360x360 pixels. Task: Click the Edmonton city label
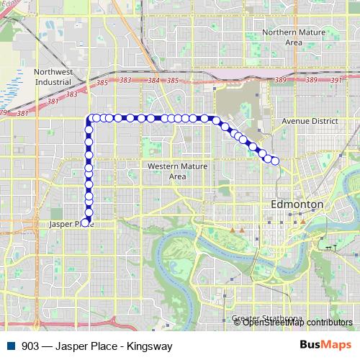point(297,205)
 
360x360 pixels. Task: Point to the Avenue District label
point(310,122)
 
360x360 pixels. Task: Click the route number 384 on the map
point(153,81)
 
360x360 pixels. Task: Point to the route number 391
point(336,81)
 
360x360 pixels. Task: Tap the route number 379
point(4,113)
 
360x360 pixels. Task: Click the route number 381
point(22,113)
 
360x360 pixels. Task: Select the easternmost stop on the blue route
point(274,161)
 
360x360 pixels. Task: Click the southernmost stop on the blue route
point(88,222)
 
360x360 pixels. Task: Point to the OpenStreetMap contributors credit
point(297,323)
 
